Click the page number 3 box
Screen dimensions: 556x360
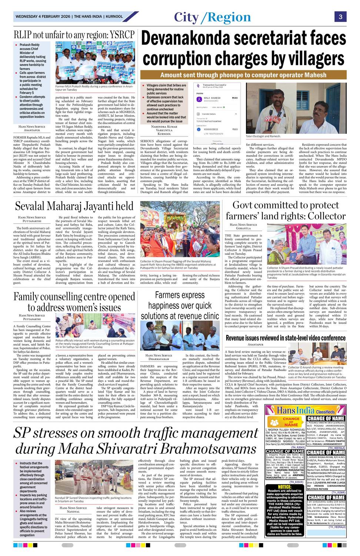pyautogui.click(x=340, y=17)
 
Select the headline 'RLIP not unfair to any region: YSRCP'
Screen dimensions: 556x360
pyautogui.click(x=74, y=35)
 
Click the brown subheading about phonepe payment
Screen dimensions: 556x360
pyautogui.click(x=243, y=75)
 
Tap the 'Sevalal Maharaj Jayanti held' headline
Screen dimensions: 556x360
pyautogui.click(x=74, y=206)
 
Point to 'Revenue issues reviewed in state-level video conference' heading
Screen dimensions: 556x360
pyautogui.click(x=286, y=338)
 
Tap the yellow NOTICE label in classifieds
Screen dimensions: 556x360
pyautogui.click(x=284, y=486)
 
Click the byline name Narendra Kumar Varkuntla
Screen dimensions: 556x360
pyautogui.click(x=164, y=130)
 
